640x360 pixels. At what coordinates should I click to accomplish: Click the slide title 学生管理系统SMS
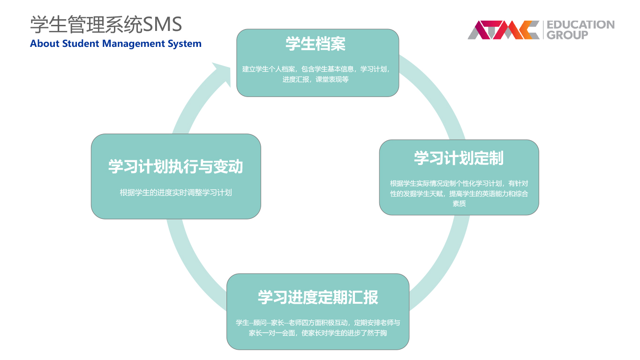coord(106,24)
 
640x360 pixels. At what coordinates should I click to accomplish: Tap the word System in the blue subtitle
coord(184,44)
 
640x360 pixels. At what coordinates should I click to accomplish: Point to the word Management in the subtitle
coord(134,44)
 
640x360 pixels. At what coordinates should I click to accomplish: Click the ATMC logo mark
coord(504,30)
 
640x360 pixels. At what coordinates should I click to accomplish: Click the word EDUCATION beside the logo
coord(580,24)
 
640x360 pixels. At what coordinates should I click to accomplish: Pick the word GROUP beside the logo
coord(567,35)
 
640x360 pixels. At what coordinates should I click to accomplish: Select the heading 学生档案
coord(316,44)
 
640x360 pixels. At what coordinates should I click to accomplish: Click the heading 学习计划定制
coord(459,158)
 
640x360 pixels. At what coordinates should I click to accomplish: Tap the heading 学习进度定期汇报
coord(318,297)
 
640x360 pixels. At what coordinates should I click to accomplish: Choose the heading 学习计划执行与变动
coord(176,166)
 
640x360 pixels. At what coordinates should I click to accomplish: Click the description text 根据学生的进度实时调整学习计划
coord(176,193)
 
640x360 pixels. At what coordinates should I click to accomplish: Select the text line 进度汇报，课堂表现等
coord(316,79)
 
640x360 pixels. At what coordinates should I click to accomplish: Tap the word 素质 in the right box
coord(459,203)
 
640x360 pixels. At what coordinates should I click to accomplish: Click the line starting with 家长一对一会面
coord(318,333)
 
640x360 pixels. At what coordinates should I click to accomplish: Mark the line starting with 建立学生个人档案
coord(316,69)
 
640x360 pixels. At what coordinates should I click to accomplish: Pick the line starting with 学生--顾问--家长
coord(318,322)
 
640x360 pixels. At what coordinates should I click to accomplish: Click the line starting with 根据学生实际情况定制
coord(459,183)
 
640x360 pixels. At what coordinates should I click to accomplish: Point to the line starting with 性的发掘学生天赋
coord(459,194)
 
